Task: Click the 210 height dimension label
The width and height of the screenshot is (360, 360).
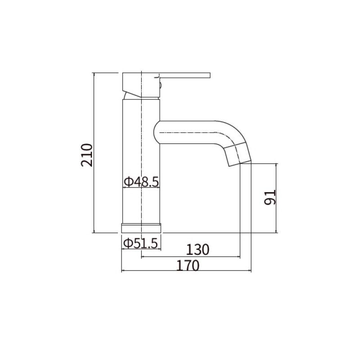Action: pyautogui.click(x=86, y=155)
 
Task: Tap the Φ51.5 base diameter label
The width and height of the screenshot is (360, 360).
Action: pyautogui.click(x=141, y=243)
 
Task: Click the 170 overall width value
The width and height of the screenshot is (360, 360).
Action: pyautogui.click(x=187, y=265)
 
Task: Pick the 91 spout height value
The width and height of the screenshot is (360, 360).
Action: pyautogui.click(x=270, y=198)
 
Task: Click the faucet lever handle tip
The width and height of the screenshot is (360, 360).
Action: pyautogui.click(x=208, y=75)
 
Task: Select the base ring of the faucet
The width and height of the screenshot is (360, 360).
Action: pyautogui.click(x=141, y=228)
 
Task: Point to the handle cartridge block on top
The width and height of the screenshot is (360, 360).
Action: pyautogui.click(x=140, y=85)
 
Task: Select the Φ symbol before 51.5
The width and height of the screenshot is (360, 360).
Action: pyautogui.click(x=127, y=243)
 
